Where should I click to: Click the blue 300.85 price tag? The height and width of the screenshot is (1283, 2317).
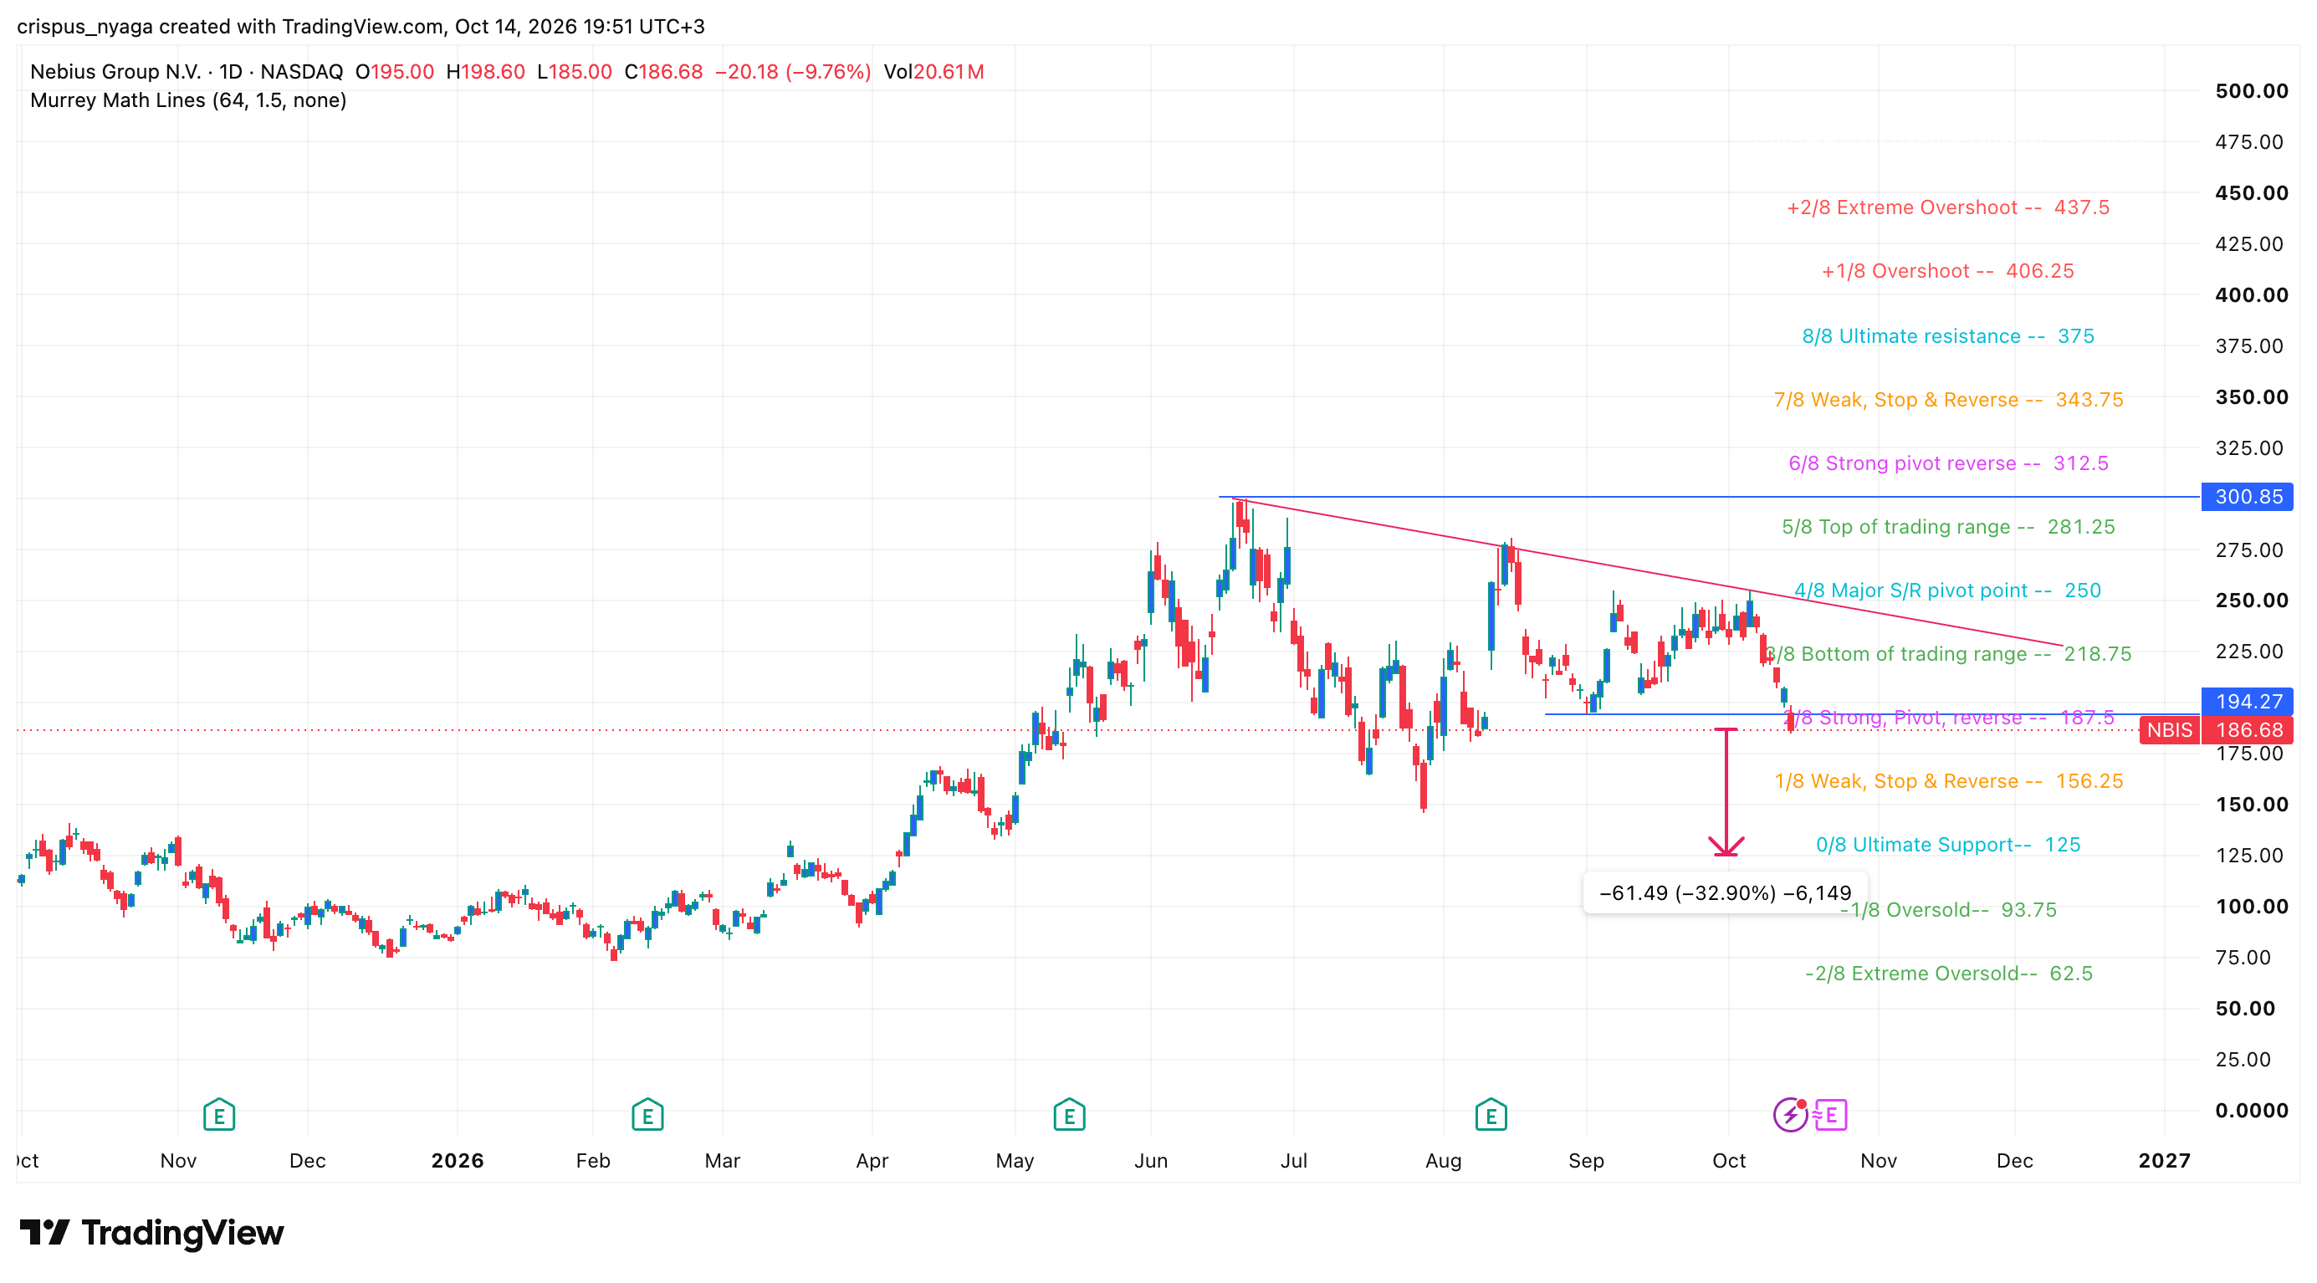coord(2247,496)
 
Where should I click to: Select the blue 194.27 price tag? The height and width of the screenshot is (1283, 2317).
coord(2247,701)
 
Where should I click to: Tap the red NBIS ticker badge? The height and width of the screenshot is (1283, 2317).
coord(2170,730)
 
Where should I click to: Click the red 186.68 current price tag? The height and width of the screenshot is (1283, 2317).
coord(2247,730)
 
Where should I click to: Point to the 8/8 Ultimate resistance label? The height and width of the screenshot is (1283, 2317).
coord(1948,336)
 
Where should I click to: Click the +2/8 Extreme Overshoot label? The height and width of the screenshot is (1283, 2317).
coord(1948,207)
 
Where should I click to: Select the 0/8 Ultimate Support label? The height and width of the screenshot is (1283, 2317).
coord(1948,845)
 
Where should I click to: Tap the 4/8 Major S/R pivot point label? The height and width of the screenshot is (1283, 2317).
coord(1948,590)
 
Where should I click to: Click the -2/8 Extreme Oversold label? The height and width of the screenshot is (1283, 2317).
coord(1948,974)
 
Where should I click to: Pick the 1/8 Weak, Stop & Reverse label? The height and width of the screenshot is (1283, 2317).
coord(1948,781)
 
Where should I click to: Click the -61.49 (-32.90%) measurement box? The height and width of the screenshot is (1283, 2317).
coord(1725,892)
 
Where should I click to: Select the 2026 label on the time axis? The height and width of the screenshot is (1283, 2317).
coord(457,1161)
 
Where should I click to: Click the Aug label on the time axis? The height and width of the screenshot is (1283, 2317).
coord(1444,1161)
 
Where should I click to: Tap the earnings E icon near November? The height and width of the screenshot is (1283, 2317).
coord(218,1115)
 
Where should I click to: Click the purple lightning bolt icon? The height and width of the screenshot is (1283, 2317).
coord(1790,1115)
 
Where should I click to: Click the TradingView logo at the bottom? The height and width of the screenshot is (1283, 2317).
coord(151,1233)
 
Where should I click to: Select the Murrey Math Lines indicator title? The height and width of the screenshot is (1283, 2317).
coord(188,100)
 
